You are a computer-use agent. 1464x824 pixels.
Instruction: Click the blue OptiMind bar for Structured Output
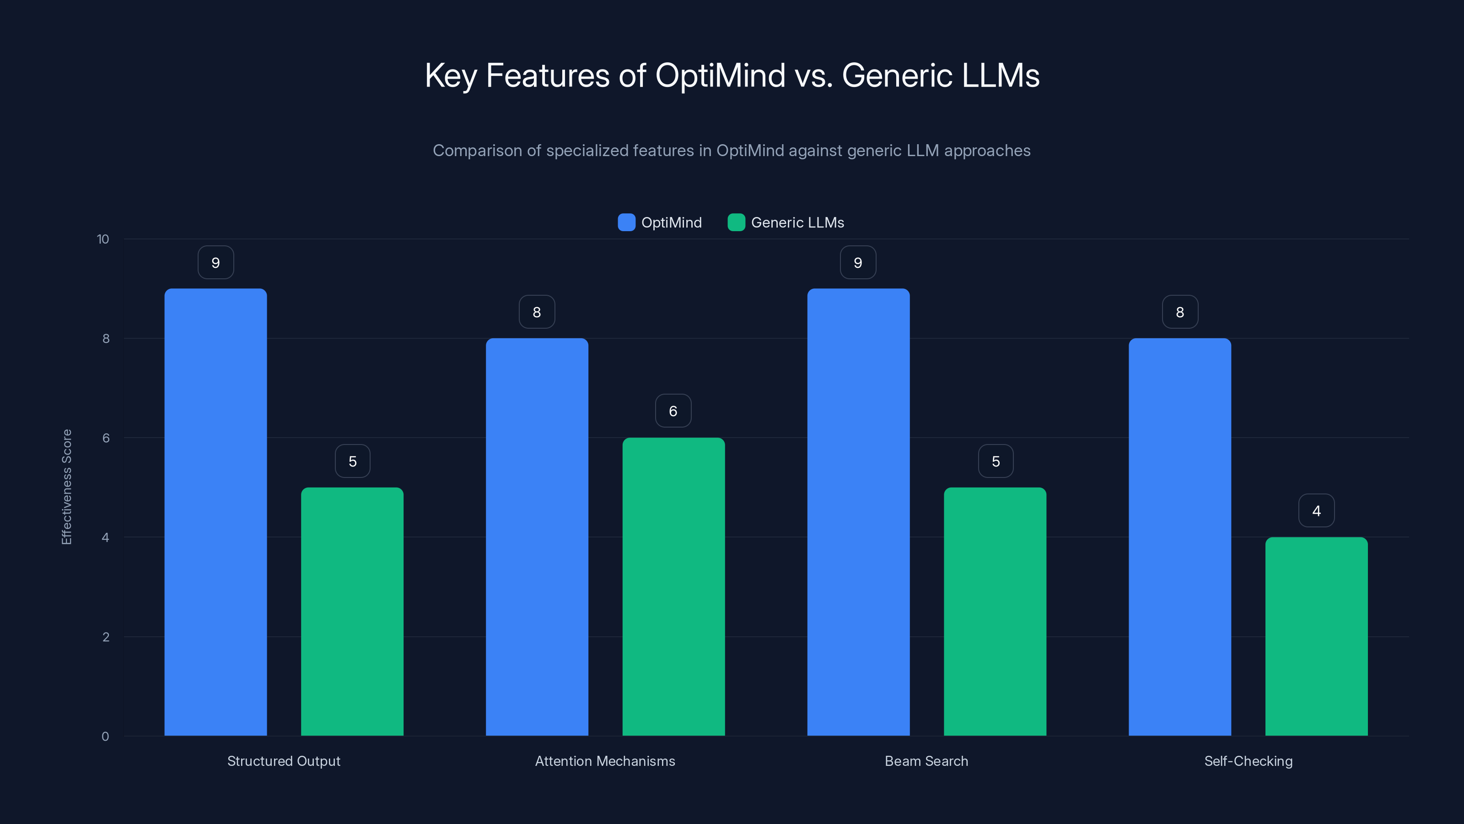(x=215, y=512)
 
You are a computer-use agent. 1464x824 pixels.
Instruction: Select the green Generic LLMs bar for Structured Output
(x=352, y=611)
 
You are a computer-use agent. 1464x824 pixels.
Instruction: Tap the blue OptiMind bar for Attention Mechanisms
(x=537, y=537)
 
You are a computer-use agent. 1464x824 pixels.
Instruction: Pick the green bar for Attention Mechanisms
(x=673, y=586)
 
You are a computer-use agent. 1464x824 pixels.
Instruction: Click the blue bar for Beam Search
(x=858, y=512)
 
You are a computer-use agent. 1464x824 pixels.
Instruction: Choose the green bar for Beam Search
(x=995, y=611)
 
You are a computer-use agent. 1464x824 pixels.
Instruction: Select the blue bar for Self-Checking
(x=1180, y=537)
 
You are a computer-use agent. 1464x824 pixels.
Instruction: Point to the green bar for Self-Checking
(x=1316, y=636)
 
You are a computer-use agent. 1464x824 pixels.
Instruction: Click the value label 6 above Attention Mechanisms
(x=673, y=411)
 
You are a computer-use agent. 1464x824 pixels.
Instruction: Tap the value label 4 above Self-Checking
(x=1316, y=511)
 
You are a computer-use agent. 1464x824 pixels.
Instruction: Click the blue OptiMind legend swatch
(x=626, y=222)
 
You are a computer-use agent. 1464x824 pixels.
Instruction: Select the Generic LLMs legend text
(x=797, y=222)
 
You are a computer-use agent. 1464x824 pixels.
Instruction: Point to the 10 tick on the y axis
(x=103, y=239)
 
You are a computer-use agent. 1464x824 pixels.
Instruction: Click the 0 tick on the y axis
(x=105, y=737)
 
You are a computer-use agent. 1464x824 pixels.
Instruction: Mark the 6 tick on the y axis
(x=106, y=438)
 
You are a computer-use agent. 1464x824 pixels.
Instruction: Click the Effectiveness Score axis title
(x=66, y=487)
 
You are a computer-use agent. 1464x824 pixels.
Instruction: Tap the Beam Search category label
(x=926, y=761)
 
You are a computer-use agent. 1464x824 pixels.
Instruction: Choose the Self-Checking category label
(x=1248, y=761)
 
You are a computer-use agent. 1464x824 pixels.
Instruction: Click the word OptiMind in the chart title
(x=720, y=75)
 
